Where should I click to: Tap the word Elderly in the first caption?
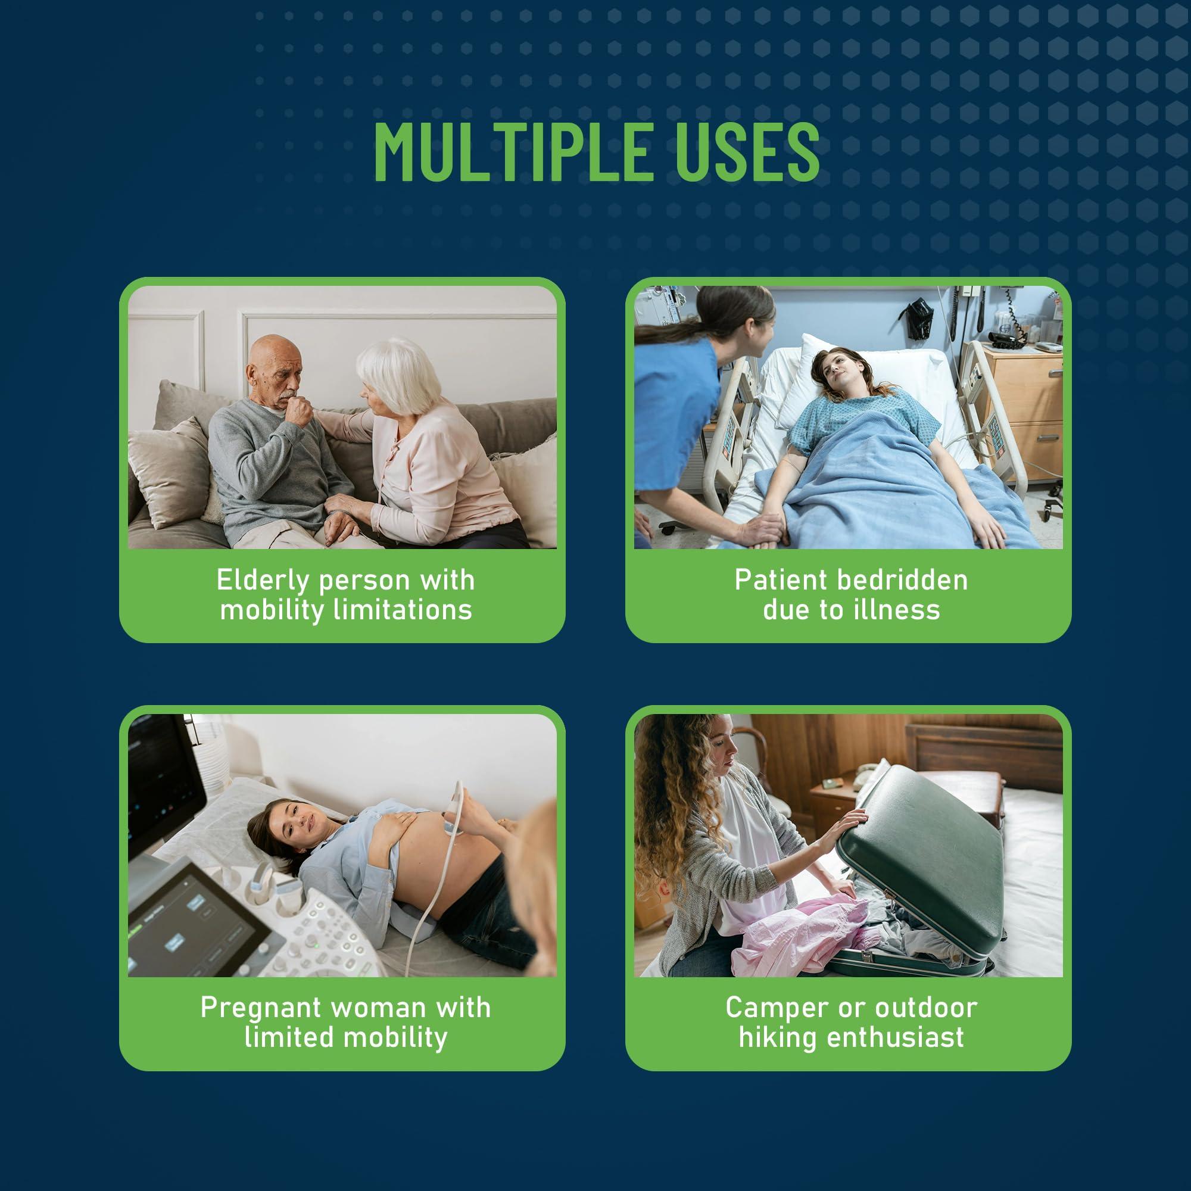point(263,581)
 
